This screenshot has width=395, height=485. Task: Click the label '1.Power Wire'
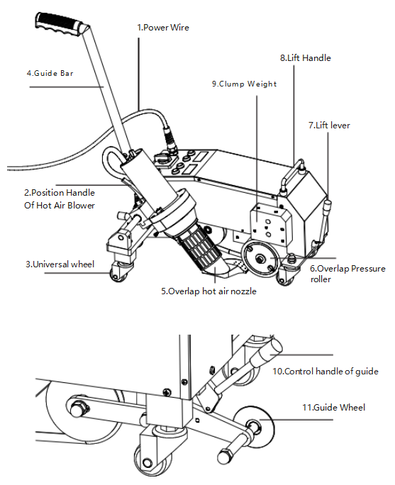163,28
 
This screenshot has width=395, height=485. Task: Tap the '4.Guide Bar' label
50,73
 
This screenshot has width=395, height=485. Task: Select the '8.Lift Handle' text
306,58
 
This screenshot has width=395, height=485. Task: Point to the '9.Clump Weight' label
244,84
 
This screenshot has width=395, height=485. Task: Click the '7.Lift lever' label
329,126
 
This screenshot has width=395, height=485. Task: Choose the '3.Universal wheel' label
60,264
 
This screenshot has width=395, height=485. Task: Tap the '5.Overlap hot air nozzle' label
208,291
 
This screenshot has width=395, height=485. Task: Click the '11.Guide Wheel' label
333,408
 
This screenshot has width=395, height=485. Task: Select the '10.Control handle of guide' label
326,371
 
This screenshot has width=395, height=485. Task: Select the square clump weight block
271,225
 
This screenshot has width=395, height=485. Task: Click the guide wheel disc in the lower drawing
255,427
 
